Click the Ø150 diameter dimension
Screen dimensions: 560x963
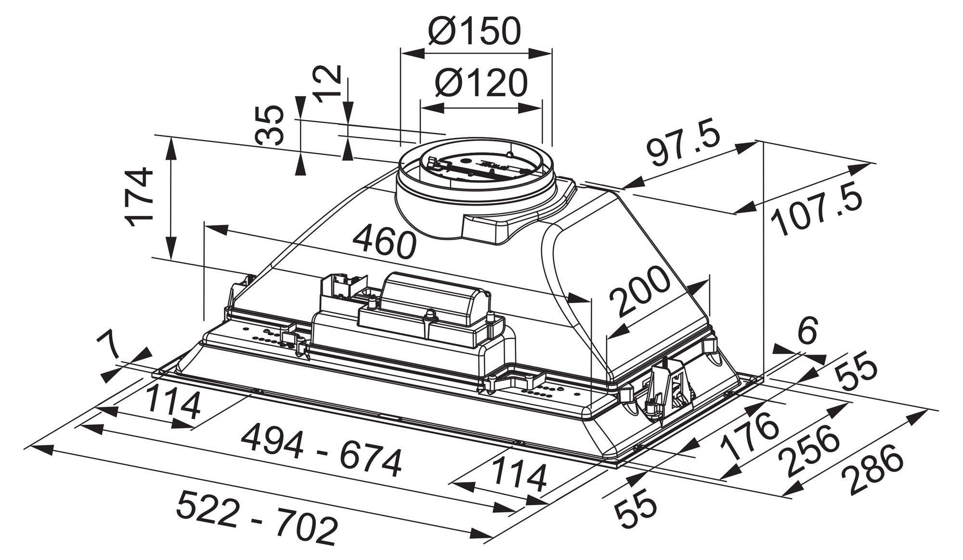tap(474, 31)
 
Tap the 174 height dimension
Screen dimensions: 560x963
tap(139, 197)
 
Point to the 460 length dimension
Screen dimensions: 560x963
tap(384, 241)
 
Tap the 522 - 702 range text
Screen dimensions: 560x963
tap(256, 517)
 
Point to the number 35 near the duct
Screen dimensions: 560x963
tap(270, 125)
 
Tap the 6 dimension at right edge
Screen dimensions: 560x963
tap(807, 331)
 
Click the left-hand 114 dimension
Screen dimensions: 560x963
tap(172, 403)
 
